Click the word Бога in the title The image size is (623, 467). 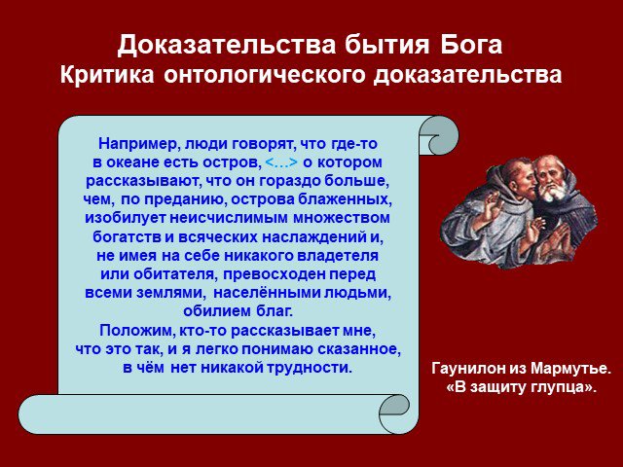(471, 45)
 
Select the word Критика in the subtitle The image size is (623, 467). (107, 75)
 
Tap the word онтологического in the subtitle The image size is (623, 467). (264, 76)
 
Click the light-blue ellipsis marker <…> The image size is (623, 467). (281, 162)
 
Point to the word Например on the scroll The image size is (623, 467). (134, 144)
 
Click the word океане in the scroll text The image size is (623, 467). (138, 162)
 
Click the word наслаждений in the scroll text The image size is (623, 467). (314, 237)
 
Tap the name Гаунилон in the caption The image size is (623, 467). (468, 369)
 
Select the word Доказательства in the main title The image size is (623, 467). (227, 46)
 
